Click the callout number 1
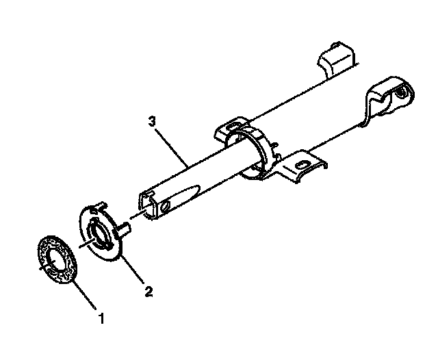tap(101, 318)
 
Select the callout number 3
tap(152, 121)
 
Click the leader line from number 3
tap(175, 144)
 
